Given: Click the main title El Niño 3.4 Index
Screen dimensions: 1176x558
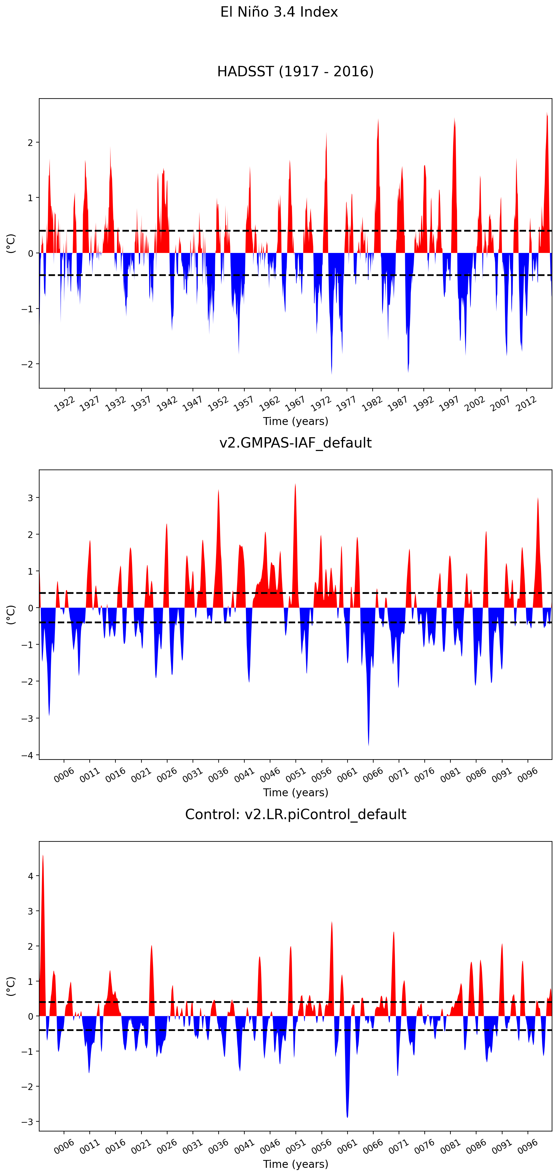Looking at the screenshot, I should point(279,12).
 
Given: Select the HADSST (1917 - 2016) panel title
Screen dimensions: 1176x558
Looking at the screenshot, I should point(295,71).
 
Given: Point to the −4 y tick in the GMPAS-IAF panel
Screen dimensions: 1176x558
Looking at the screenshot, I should point(27,755).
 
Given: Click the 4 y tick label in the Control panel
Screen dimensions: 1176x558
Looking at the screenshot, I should point(30,876).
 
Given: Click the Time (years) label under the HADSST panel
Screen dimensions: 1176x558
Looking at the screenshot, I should point(295,421).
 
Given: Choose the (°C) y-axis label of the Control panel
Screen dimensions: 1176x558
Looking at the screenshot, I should point(10,986).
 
